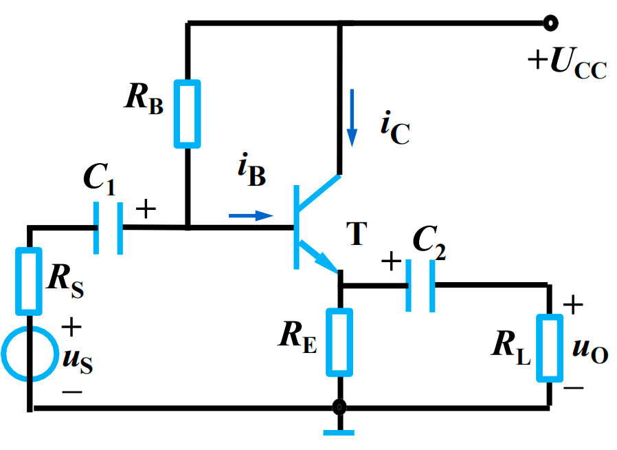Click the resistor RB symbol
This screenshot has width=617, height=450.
pyautogui.click(x=188, y=114)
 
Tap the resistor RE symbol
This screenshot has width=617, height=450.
pyautogui.click(x=339, y=342)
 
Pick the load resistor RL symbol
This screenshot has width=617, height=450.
pyautogui.click(x=549, y=347)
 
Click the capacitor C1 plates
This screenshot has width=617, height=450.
pyautogui.click(x=109, y=228)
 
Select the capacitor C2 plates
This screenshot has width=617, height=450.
pyautogui.click(x=420, y=285)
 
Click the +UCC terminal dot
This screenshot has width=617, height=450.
pyautogui.click(x=549, y=23)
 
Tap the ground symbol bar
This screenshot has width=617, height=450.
pyautogui.click(x=339, y=432)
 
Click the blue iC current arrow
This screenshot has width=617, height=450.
pyautogui.click(x=352, y=118)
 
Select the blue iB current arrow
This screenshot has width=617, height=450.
pyautogui.click(x=251, y=215)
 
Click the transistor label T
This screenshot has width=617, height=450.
pyautogui.click(x=356, y=236)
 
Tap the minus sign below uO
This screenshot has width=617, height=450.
pyautogui.click(x=574, y=388)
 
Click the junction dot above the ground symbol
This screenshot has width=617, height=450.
pyautogui.click(x=339, y=407)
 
